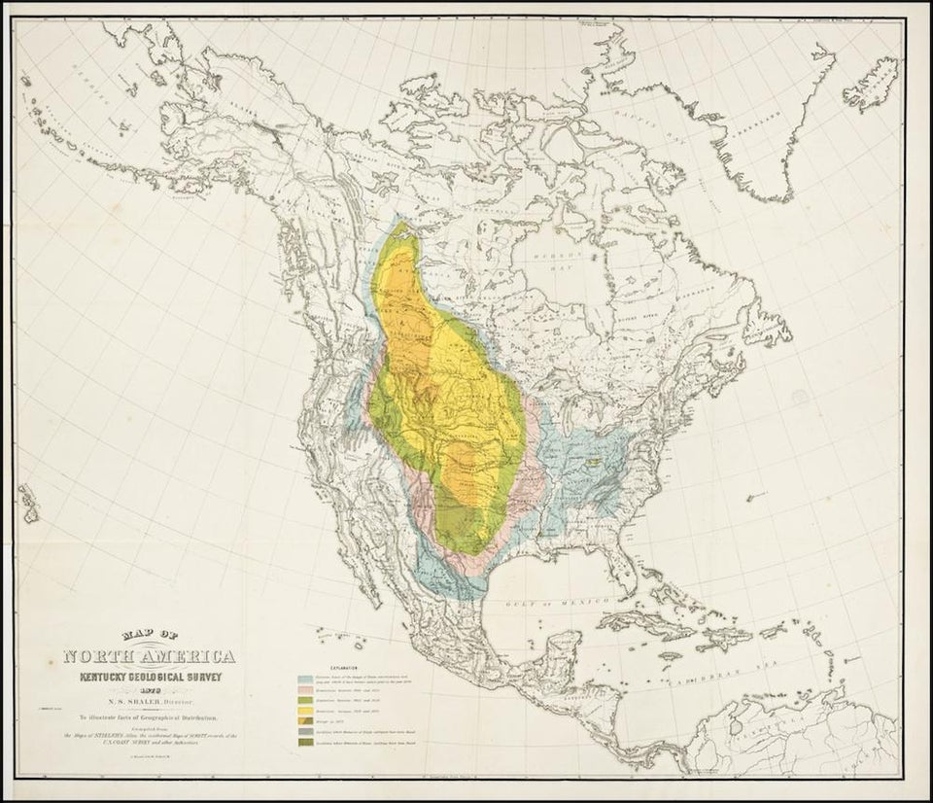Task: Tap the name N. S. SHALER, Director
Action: point(153,698)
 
